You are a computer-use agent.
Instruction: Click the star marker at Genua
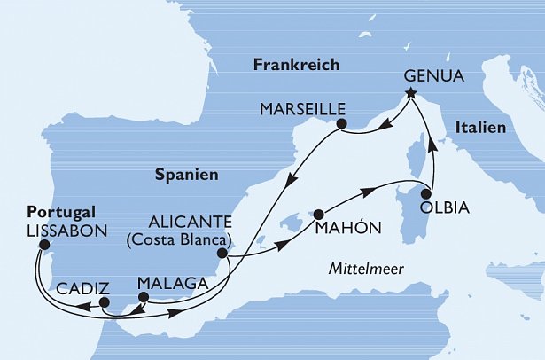[x=410, y=91]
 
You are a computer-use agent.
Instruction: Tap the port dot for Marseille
[x=339, y=126]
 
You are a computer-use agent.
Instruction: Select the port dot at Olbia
[x=426, y=193]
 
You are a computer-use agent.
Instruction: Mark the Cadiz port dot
[x=105, y=302]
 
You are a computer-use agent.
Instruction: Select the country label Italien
[x=482, y=129]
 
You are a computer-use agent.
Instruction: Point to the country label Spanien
[x=187, y=176]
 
